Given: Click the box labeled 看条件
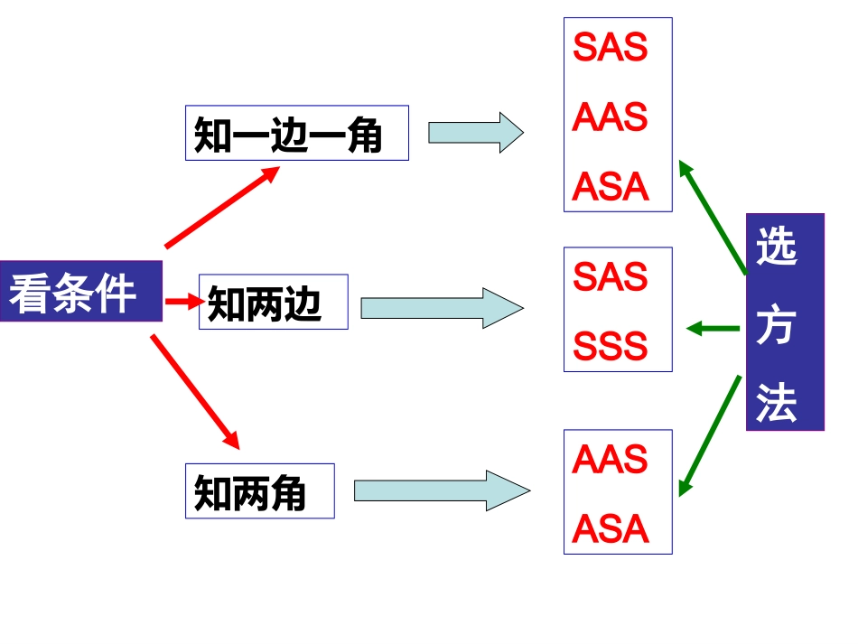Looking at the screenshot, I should (x=80, y=292).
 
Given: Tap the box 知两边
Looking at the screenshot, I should (x=273, y=302).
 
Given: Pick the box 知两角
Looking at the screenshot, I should (x=259, y=491).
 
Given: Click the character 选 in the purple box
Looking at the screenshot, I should (x=778, y=247).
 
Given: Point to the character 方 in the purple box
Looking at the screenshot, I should (x=777, y=325).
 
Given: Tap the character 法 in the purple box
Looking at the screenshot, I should (x=777, y=402).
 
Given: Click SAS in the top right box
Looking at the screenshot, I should (x=611, y=47).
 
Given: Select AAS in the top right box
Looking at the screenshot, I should (x=611, y=117).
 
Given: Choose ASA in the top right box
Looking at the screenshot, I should (x=611, y=187).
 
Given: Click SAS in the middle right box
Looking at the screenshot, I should (x=611, y=277).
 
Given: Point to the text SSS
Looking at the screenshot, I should (x=611, y=346).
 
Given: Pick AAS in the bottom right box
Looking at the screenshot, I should (x=611, y=460).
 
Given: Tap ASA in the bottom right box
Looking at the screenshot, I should (x=611, y=529).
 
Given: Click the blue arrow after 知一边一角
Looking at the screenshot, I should (x=475, y=133).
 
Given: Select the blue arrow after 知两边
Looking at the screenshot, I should (x=441, y=308).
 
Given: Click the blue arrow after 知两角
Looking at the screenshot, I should (x=441, y=490).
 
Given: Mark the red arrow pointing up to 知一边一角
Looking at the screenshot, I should (x=222, y=207).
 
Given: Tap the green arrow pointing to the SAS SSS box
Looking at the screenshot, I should (x=713, y=328).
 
